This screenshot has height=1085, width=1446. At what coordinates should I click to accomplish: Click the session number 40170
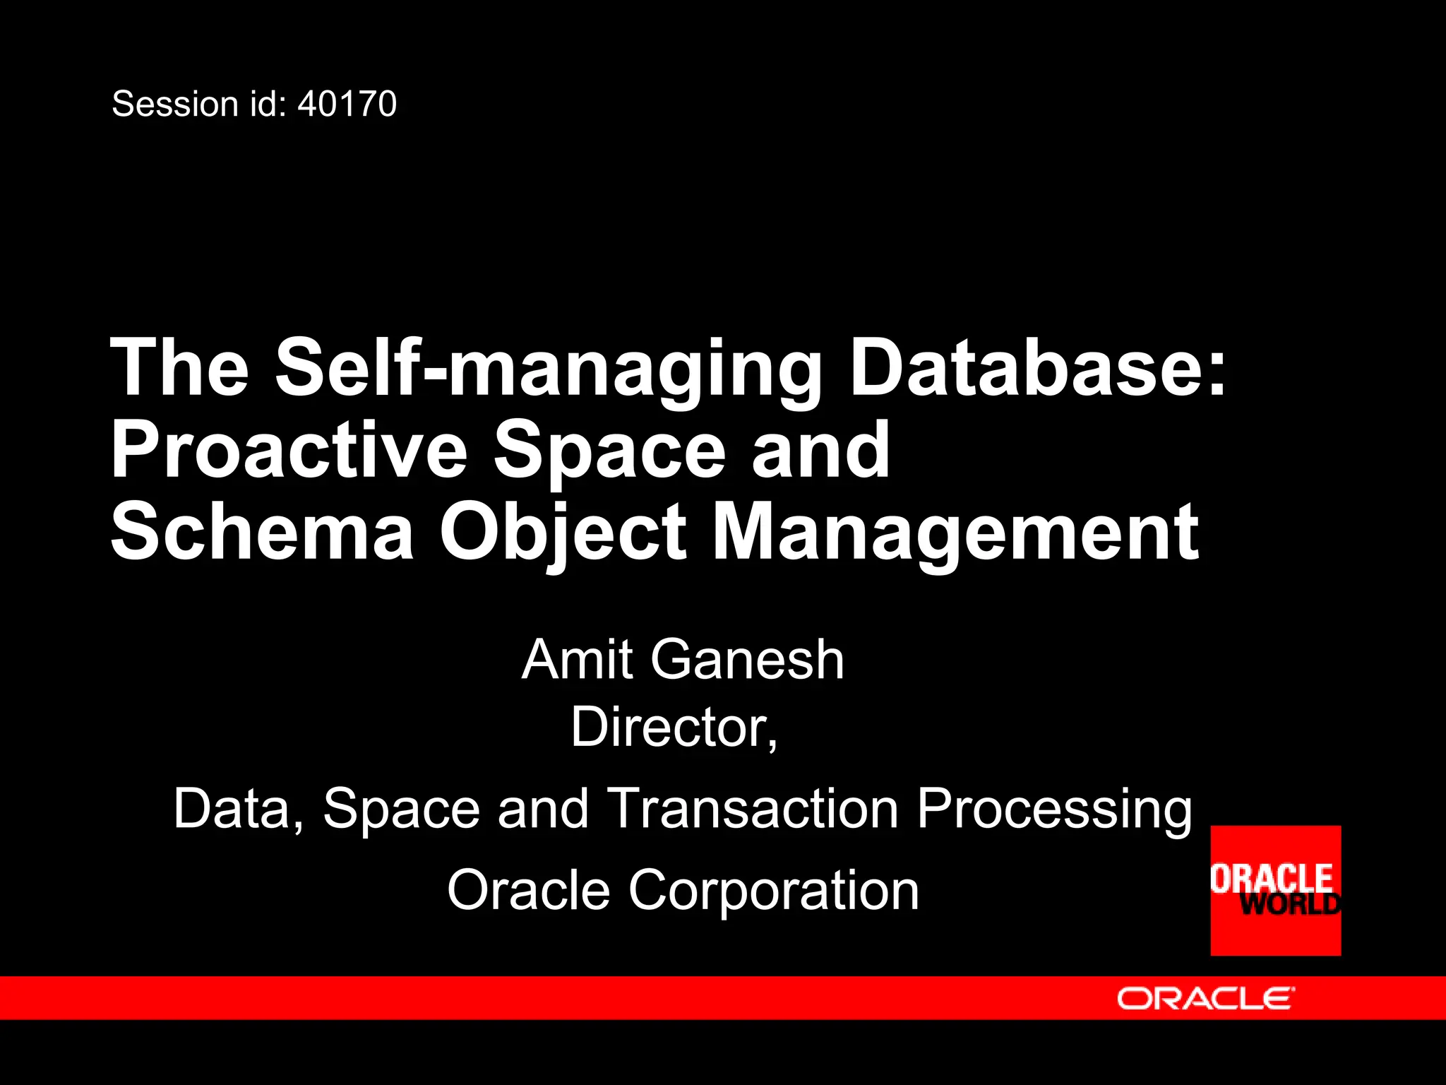point(347,105)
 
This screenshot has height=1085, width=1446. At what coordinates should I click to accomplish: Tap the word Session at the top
point(175,105)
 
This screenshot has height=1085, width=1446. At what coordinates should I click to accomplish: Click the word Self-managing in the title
point(548,369)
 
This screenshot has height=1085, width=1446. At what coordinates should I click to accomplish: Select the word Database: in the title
point(1038,369)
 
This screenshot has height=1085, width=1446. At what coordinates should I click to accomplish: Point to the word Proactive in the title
point(289,450)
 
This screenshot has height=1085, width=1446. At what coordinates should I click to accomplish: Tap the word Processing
point(1054,808)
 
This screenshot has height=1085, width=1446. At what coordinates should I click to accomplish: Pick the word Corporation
point(773,890)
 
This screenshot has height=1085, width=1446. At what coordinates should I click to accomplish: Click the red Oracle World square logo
point(1275,890)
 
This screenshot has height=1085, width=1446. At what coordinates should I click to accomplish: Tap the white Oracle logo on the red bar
point(1205,998)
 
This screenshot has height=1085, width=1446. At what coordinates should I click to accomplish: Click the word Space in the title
point(610,450)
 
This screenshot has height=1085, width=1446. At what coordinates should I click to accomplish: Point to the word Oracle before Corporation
point(528,890)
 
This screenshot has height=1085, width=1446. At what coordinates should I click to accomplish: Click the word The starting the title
point(180,369)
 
